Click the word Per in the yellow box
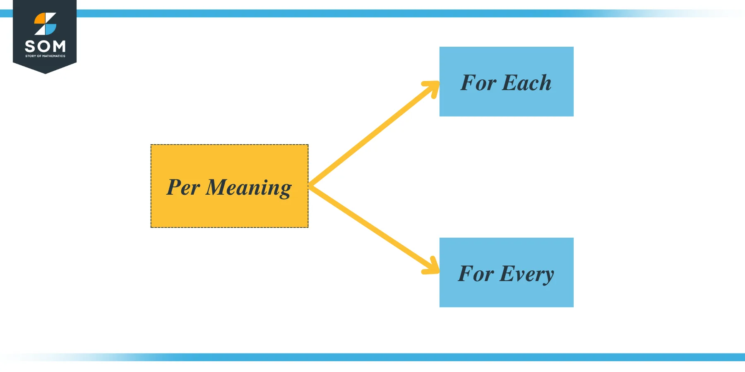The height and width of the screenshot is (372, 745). (x=183, y=187)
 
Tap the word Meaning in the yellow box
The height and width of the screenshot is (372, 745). (x=248, y=188)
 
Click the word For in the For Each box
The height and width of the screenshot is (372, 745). (x=478, y=83)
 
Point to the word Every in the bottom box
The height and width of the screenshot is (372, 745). (x=526, y=274)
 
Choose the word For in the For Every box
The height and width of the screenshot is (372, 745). (x=476, y=274)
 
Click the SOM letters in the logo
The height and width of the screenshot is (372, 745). (x=45, y=46)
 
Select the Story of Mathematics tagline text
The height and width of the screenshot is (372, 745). (x=45, y=56)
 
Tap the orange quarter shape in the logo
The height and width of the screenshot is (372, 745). (x=40, y=19)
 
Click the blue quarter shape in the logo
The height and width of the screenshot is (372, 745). (x=50, y=29)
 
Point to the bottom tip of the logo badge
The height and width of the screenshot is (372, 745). (x=45, y=73)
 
